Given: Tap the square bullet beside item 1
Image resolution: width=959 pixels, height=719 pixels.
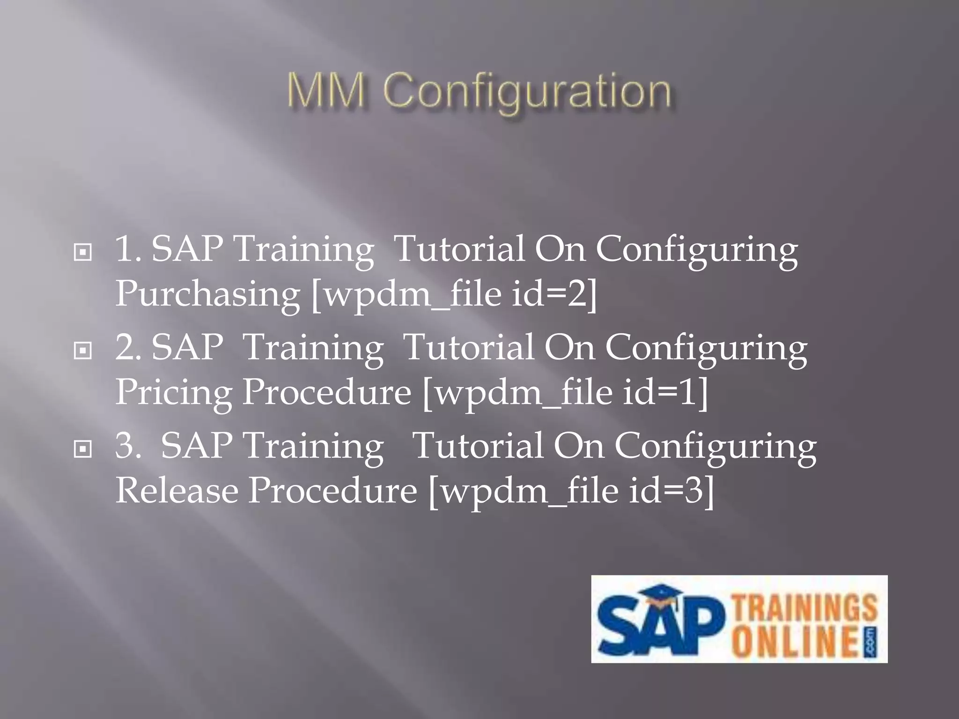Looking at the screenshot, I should point(83,253).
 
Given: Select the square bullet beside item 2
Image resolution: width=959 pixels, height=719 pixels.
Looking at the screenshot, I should point(83,350).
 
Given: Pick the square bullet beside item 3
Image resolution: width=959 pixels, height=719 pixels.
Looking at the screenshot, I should point(83,449).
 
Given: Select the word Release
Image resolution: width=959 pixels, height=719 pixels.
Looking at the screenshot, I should point(177,492).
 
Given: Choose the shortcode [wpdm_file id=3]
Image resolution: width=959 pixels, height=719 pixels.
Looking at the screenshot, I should point(571,492).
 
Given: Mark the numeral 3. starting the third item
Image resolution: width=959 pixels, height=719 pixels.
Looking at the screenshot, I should point(128,446).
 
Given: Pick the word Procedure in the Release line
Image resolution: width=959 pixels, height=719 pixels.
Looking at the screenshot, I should point(332,492).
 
